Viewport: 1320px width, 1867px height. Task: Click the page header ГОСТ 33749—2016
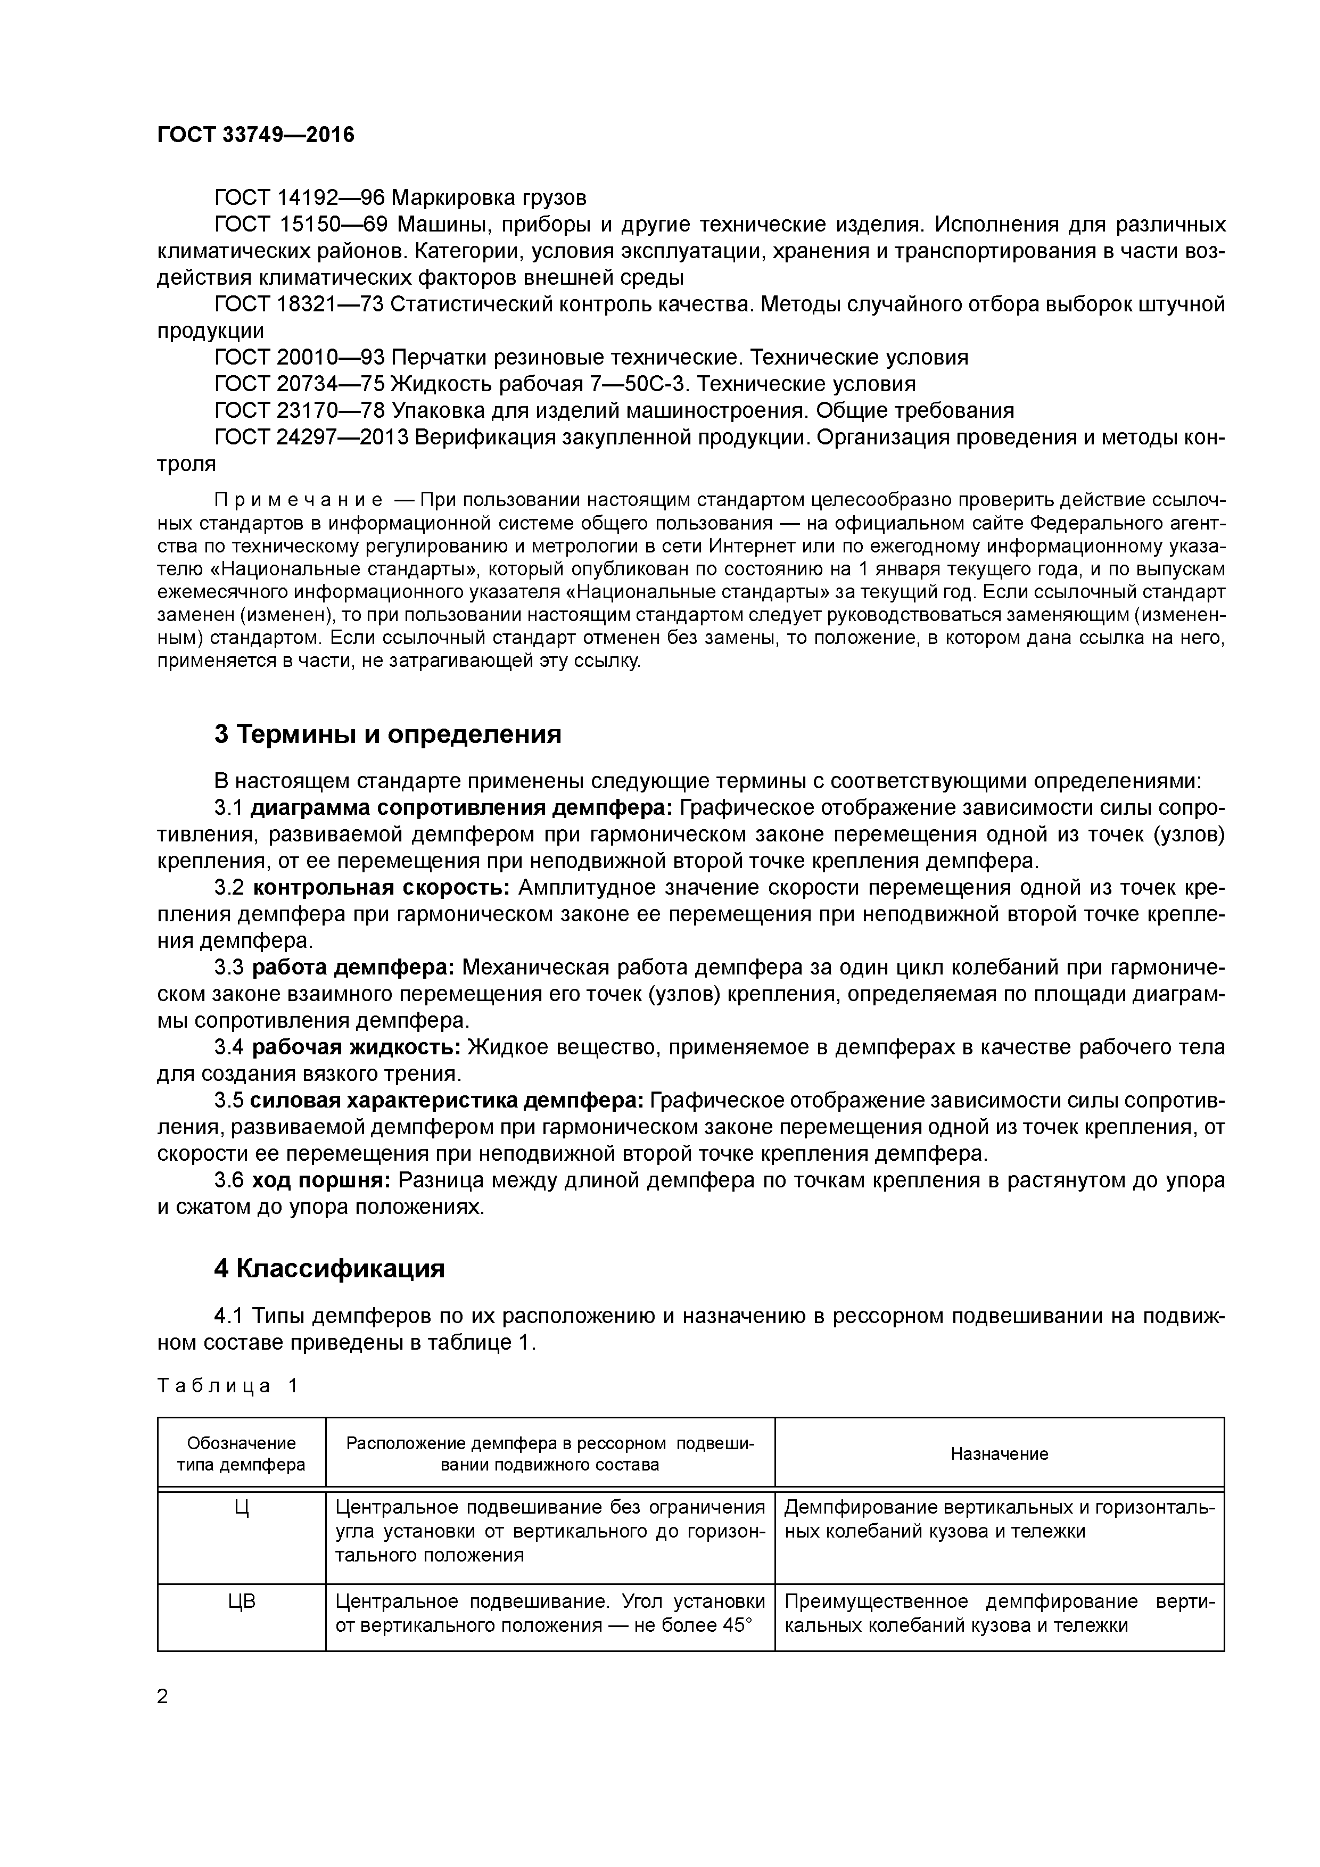pyautogui.click(x=255, y=135)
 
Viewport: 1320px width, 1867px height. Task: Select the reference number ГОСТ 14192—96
pyautogui.click(x=299, y=197)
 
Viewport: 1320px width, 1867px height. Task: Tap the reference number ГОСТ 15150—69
pyautogui.click(x=299, y=225)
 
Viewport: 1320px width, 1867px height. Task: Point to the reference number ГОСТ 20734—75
pyautogui.click(x=299, y=384)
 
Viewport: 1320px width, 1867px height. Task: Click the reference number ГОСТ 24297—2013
pyautogui.click(x=311, y=437)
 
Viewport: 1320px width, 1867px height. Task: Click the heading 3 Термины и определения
pyautogui.click(x=388, y=734)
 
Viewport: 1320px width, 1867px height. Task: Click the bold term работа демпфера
pyautogui.click(x=353, y=968)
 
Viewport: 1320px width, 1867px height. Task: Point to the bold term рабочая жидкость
pyautogui.click(x=356, y=1047)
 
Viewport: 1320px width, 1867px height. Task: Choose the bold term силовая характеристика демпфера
pyautogui.click(x=447, y=1101)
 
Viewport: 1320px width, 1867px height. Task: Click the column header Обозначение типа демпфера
pyautogui.click(x=242, y=1454)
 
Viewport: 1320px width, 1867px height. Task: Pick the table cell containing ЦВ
pyautogui.click(x=242, y=1602)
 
